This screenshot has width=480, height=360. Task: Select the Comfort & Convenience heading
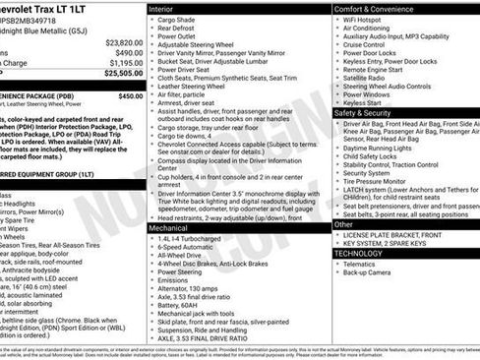point(371,8)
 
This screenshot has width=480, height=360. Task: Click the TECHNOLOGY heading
point(361,252)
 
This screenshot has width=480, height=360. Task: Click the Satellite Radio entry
point(368,80)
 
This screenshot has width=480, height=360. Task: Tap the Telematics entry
point(364,265)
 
